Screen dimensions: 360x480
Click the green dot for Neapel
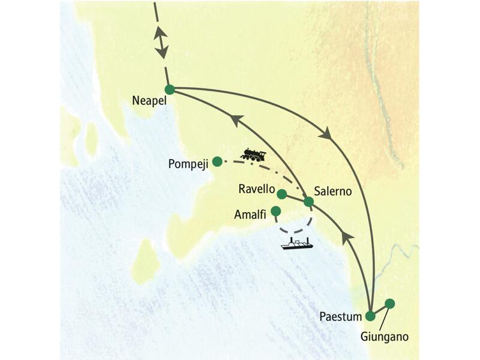tap(170, 90)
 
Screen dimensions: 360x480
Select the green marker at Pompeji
tap(217, 160)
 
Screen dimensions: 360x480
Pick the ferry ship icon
tap(297, 244)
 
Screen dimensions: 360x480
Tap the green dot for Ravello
tap(281, 193)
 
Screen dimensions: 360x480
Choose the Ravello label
tap(256, 190)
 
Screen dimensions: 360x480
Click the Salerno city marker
tap(308, 202)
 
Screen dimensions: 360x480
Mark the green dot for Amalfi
tap(276, 211)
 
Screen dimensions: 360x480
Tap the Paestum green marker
tap(371, 316)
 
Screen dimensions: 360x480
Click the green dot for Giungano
tap(390, 304)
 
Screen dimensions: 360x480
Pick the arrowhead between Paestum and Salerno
tap(344, 239)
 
